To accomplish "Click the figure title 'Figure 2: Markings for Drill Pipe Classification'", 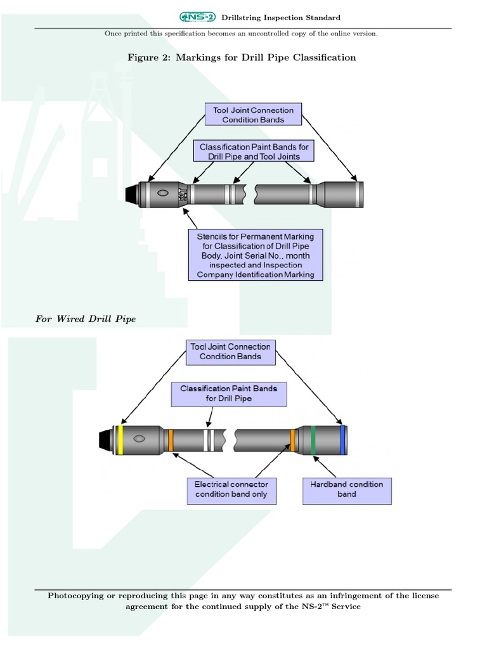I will (x=242, y=58).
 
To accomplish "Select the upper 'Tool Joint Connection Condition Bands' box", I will (x=253, y=115).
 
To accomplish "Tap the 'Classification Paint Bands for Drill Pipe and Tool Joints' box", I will (x=254, y=151).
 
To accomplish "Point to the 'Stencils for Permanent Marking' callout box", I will (x=255, y=254).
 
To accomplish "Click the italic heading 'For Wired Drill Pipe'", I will (x=86, y=319).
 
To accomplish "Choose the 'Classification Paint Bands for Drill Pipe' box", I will (x=228, y=393).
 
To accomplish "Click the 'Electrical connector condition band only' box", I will (x=231, y=489).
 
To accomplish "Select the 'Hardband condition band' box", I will (x=347, y=489).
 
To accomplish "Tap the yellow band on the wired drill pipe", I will (x=120, y=440).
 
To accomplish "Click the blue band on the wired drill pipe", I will (x=342, y=440).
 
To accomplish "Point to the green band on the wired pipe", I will (x=313, y=440).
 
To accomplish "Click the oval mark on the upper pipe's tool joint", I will (x=162, y=193).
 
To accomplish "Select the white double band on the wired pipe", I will (x=207, y=440).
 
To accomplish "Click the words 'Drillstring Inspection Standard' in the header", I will (x=280, y=18).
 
